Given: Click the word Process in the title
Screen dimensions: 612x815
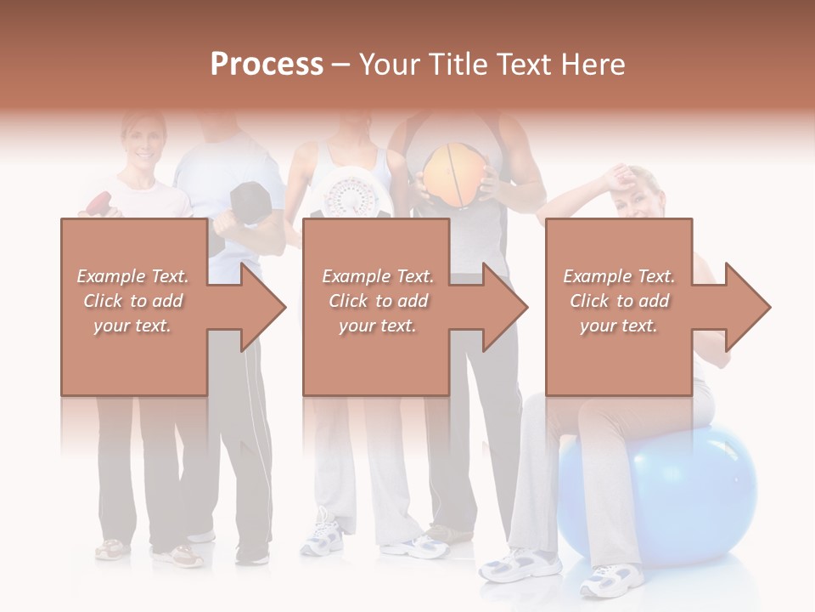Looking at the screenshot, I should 267,65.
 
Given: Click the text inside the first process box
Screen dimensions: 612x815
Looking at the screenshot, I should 132,301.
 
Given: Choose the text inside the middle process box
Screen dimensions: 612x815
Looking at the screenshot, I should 378,301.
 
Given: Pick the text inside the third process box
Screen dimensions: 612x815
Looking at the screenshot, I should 619,301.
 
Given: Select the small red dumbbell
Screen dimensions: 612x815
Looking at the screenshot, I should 99,204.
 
